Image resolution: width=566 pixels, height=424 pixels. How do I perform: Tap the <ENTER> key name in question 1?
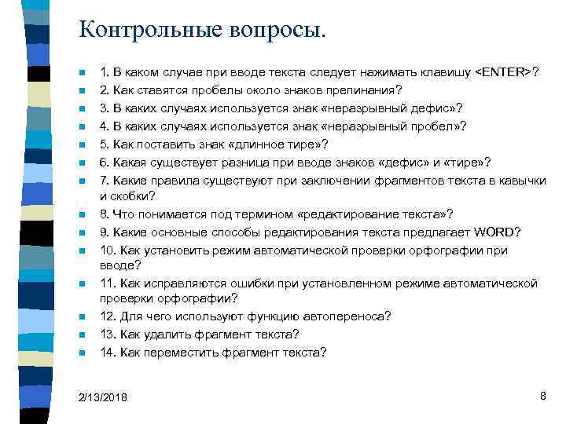(503, 72)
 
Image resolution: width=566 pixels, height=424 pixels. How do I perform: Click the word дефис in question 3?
(430, 108)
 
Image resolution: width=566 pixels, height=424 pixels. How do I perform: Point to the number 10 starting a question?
(108, 250)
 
